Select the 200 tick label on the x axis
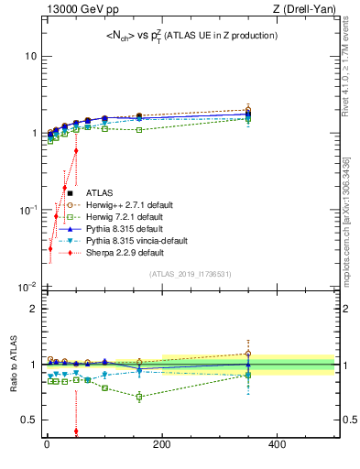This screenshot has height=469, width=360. point(162,445)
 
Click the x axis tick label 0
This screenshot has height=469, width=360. point(47,445)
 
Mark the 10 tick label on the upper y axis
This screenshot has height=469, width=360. point(29,56)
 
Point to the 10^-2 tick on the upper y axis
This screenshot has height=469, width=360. point(26,287)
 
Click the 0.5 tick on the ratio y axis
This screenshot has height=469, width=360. point(27,420)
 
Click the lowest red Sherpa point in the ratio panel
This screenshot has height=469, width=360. point(76,431)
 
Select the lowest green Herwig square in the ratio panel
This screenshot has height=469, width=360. point(139,397)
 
